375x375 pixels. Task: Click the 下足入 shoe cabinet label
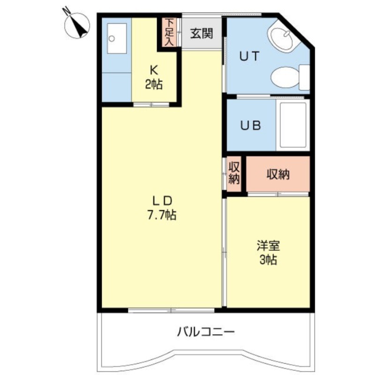[x=169, y=32]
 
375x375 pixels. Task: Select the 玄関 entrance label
[x=202, y=33]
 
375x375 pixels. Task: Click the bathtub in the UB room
[x=293, y=125]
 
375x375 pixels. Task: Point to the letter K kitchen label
[x=153, y=71]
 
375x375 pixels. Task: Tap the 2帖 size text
[x=153, y=85]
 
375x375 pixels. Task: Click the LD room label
[x=162, y=201]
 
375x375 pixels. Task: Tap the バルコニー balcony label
[x=205, y=333]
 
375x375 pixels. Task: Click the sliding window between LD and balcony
[x=172, y=310]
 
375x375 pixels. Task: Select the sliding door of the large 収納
[x=277, y=194]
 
